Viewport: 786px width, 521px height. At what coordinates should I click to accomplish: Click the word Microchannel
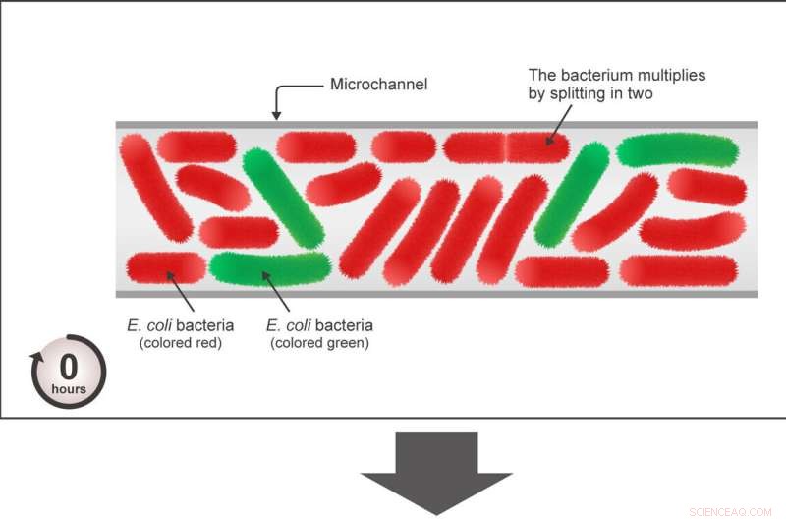point(379,85)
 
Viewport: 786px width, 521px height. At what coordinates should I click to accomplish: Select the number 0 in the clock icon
point(69,367)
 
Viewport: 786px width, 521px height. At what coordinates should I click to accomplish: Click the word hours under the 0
point(69,388)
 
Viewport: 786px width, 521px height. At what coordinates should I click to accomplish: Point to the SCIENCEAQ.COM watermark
point(731,511)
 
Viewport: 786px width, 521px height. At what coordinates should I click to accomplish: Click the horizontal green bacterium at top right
point(677,150)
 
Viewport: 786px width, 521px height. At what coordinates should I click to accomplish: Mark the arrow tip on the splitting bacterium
point(545,142)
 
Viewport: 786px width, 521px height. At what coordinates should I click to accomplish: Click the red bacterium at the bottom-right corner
point(678,270)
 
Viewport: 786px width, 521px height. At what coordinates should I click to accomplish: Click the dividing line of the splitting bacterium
point(506,147)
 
